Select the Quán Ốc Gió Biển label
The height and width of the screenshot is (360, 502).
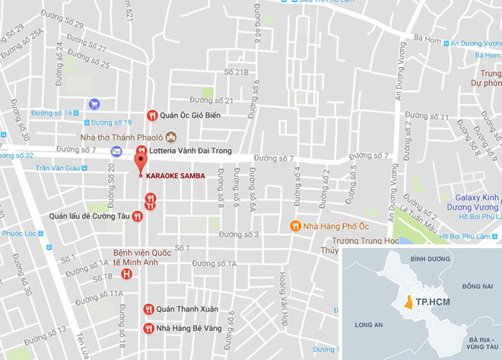[x=190, y=115]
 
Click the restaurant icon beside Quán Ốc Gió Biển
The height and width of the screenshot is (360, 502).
[x=152, y=115]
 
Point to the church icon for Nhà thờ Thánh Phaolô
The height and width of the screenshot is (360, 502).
[x=172, y=137]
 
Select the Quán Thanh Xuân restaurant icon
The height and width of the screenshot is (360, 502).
[x=149, y=309]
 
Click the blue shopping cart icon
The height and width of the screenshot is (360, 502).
[x=94, y=104]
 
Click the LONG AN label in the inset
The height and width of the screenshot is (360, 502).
[x=368, y=325]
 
